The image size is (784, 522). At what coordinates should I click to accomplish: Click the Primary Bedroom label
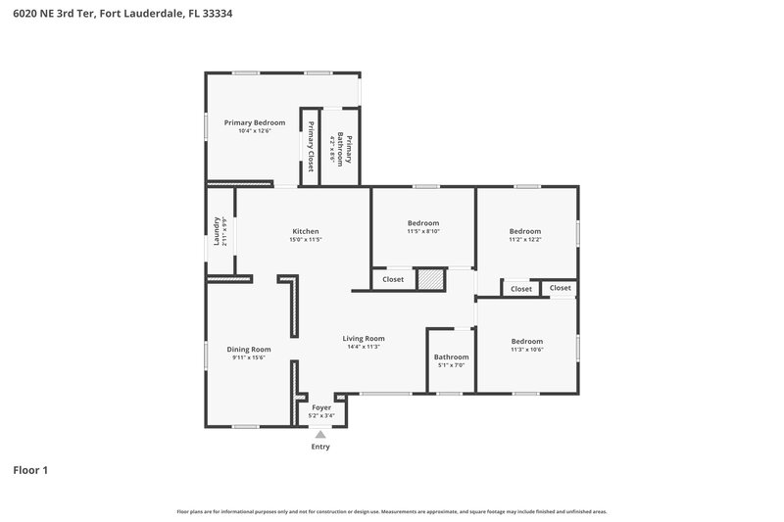click(254, 122)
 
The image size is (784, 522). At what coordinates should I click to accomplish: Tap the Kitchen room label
click(306, 231)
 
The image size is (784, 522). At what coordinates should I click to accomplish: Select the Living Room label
click(363, 338)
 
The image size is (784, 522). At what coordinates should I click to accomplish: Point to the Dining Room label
click(249, 349)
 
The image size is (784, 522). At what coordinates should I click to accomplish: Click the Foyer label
click(321, 407)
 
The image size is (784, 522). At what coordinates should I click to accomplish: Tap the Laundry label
click(217, 231)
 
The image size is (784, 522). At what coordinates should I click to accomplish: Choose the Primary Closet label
click(311, 146)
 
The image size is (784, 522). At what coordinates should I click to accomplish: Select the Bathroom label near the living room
click(451, 356)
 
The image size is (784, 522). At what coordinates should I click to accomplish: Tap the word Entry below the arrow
click(320, 447)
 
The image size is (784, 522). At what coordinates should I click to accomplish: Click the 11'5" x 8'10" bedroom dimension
click(423, 231)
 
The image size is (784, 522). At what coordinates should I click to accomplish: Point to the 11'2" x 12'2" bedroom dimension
click(524, 239)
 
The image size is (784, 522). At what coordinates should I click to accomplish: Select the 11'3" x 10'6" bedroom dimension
click(526, 350)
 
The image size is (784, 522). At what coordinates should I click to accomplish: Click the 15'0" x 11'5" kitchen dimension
click(306, 239)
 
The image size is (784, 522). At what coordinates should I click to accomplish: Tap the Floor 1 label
click(30, 470)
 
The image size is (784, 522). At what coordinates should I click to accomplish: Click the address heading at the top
click(122, 15)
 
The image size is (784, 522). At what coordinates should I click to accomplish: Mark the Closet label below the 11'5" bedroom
click(393, 279)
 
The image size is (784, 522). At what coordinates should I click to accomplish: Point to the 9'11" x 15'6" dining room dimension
click(249, 357)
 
